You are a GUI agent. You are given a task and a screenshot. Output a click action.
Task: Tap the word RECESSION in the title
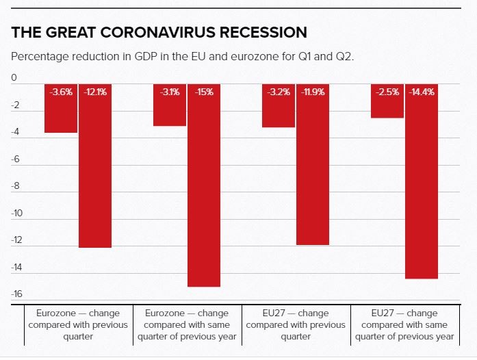263,32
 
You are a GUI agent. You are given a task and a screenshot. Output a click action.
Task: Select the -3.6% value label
61,92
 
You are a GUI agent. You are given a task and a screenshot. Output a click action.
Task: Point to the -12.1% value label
95,92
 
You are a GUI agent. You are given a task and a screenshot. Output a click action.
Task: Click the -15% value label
204,92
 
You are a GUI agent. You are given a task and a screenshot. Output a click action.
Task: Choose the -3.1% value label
169,92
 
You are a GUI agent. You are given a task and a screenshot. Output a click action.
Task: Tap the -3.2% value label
279,92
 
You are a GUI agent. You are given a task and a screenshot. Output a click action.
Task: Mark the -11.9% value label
313,92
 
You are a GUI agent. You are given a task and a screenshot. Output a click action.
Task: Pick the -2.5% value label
387,92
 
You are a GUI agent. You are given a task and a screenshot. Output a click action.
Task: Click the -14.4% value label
422,92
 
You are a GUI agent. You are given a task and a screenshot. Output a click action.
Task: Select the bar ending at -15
204,192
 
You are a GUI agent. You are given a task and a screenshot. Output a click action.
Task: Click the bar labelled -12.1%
95,171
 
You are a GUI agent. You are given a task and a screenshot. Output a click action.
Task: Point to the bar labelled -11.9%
313,171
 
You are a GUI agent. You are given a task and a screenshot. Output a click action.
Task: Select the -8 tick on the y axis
16,186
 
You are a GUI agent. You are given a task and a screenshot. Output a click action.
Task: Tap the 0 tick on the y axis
14,79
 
